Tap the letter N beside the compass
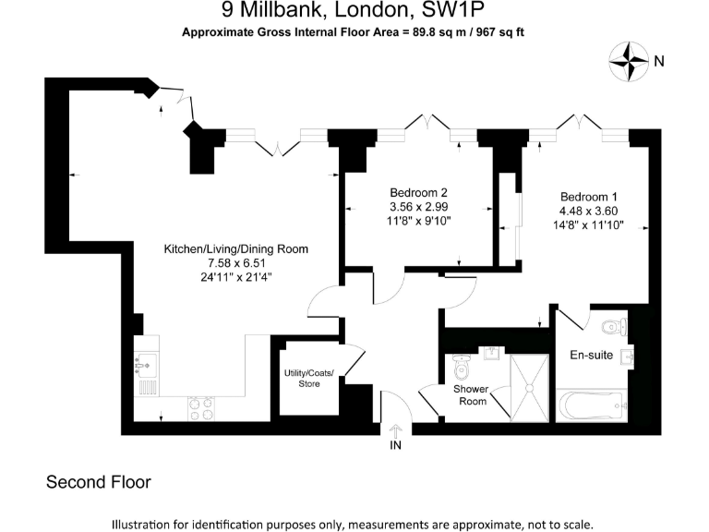[659, 62]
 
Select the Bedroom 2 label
[419, 192]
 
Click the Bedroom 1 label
[589, 197]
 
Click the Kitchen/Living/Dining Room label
[236, 249]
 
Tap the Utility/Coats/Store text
[308, 378]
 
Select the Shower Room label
[470, 395]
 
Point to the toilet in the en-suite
[613, 327]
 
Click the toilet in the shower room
[464, 370]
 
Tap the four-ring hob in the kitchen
[202, 406]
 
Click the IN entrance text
[397, 446]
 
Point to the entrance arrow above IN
[397, 430]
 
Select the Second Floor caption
[98, 482]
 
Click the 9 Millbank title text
[354, 12]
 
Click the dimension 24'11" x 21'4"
[236, 276]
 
